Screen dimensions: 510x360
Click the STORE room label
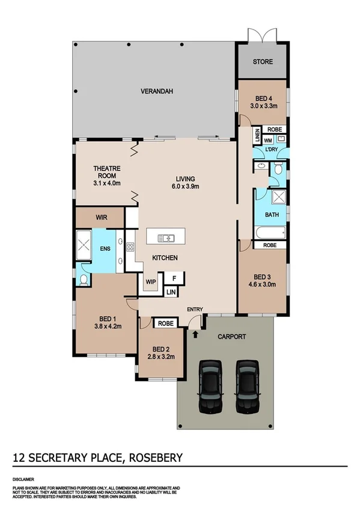(262, 62)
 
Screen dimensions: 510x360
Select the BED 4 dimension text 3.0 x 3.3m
(262, 106)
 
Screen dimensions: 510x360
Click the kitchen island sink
(166, 238)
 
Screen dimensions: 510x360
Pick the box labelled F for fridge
(174, 278)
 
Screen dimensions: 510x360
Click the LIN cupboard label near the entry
(171, 293)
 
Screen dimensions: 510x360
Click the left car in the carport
(210, 387)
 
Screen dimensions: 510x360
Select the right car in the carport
(246, 387)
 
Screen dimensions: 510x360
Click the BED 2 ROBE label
(165, 324)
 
